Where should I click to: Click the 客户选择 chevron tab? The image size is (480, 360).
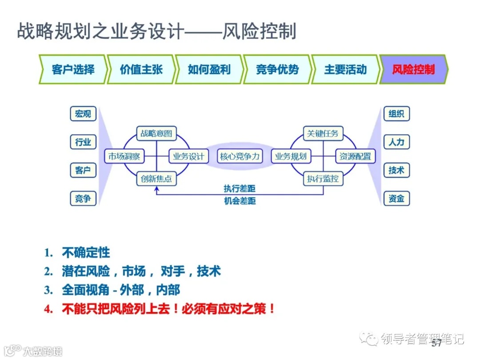point(73,70)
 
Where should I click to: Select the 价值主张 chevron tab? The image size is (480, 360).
point(141,70)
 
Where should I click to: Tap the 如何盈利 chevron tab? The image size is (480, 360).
point(209,70)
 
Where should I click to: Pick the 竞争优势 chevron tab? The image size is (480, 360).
point(277,70)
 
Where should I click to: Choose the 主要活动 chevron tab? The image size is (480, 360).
point(345,70)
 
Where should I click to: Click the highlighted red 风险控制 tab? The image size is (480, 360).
point(413,70)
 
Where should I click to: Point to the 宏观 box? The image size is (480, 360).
point(83,114)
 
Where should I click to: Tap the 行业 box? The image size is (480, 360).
point(83,142)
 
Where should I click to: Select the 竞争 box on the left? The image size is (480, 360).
point(83,199)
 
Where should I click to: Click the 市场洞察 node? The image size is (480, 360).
point(124,156)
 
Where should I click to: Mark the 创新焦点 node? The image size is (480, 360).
point(156,179)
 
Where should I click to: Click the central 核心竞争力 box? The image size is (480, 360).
point(240,156)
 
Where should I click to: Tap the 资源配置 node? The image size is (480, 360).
point(355,156)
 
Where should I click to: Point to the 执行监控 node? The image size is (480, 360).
point(323,179)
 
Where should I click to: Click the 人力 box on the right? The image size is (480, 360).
point(396,142)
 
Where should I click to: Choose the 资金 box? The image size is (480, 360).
point(396,199)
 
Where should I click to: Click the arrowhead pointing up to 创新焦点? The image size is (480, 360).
point(156,189)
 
